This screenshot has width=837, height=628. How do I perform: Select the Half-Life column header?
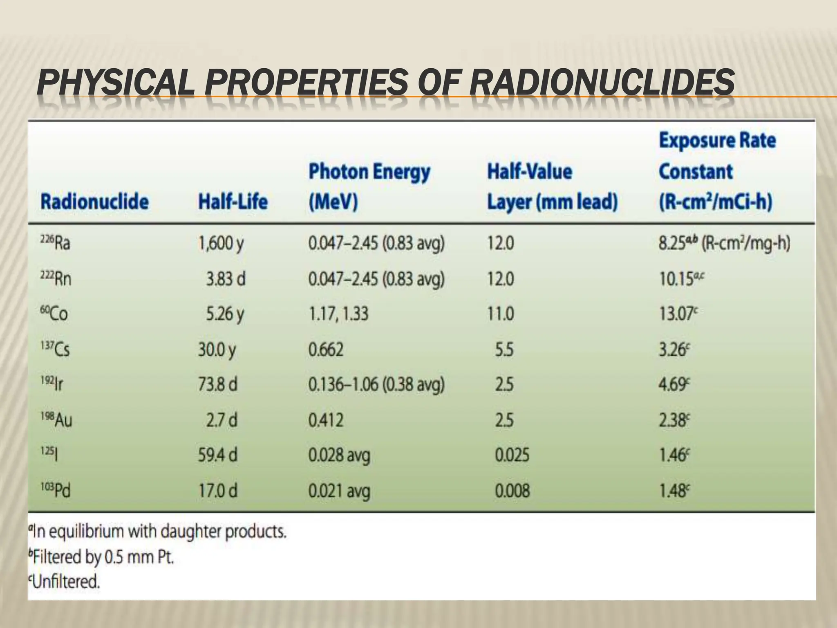(233, 202)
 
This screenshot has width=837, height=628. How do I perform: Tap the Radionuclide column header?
(94, 202)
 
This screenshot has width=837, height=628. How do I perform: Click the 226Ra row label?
(55, 243)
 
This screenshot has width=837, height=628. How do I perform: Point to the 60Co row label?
(54, 314)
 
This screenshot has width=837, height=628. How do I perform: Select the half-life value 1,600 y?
(221, 244)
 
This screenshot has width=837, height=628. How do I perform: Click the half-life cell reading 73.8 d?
(217, 384)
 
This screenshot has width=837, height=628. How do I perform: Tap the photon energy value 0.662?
(326, 350)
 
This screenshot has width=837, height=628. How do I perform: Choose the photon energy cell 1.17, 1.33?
(338, 314)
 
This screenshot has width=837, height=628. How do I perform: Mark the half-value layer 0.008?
(512, 490)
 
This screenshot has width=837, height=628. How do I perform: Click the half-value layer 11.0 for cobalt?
(500, 314)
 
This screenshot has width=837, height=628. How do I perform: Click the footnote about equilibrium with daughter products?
(157, 532)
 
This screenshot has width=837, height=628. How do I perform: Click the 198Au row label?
(56, 420)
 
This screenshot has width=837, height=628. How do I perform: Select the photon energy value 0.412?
(326, 420)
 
